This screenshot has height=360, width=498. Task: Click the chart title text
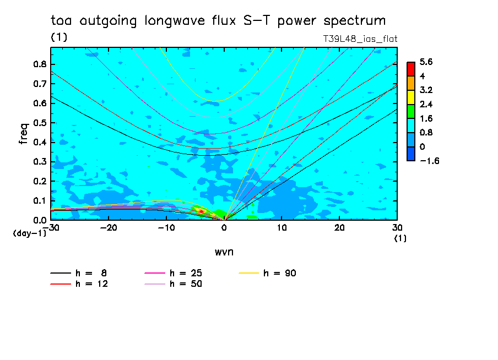click(x=218, y=21)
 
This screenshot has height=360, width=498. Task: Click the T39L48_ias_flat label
click(x=360, y=39)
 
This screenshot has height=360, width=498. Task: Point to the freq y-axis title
click(x=24, y=134)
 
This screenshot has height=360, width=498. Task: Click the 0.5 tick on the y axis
click(x=39, y=123)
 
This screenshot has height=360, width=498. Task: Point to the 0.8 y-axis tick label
click(x=39, y=64)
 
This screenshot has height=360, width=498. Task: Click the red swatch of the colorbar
click(x=410, y=69)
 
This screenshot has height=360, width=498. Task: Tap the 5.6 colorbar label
click(x=425, y=62)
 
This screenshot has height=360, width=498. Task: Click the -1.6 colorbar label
click(x=427, y=161)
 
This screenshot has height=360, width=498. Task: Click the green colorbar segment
click(x=410, y=111)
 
